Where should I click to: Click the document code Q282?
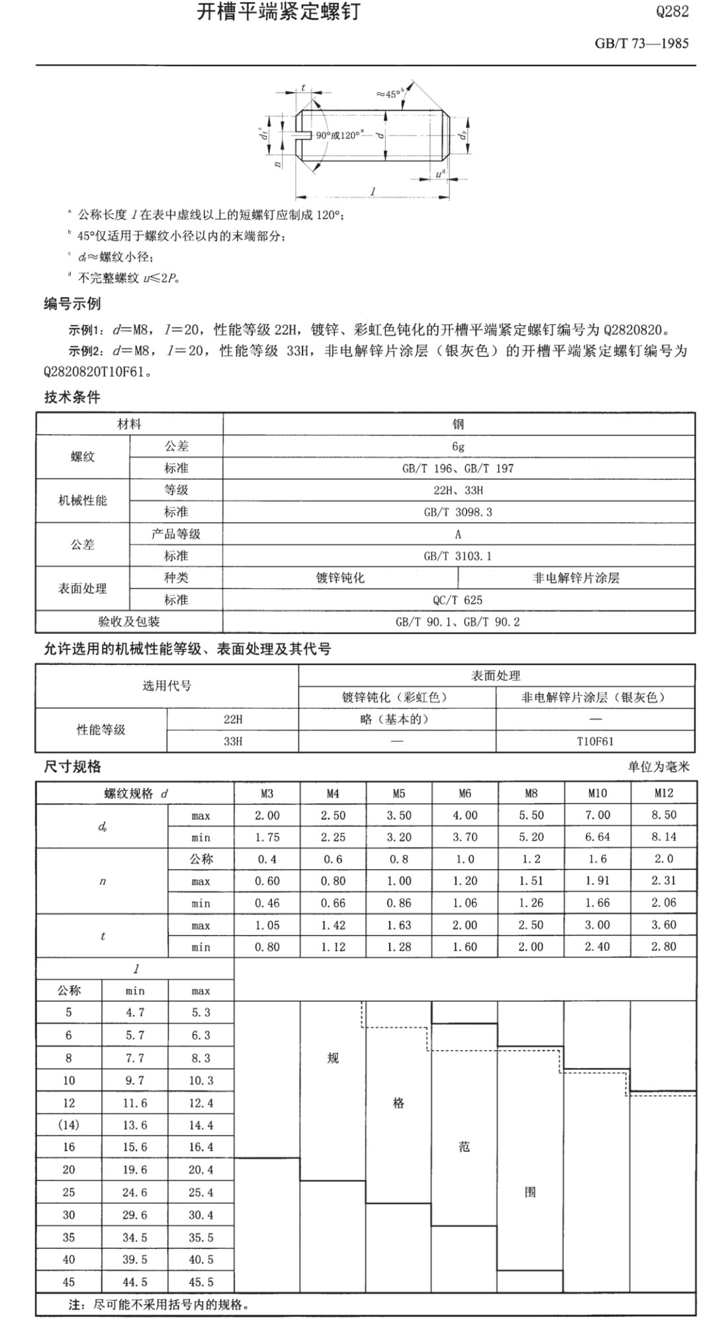coord(672,12)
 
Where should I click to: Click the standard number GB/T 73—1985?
coord(641,44)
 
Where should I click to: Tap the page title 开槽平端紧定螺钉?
coord(278,12)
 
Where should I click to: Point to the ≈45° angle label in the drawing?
coord(390,94)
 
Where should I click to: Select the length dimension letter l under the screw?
coord(373,191)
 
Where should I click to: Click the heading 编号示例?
coord(72,304)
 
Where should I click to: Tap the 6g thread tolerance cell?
coord(458,447)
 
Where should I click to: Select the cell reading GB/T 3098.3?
coord(458,512)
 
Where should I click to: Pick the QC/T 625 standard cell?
coord(458,600)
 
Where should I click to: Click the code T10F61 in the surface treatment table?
coord(595,741)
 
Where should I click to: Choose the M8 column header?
coord(531,793)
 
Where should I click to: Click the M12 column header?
coord(663,793)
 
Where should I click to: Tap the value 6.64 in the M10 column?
coord(597,837)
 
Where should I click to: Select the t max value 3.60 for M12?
coord(663,925)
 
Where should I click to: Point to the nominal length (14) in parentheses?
coord(69,1125)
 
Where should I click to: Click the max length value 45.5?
coord(201,1282)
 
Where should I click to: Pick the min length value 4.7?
coord(134,1012)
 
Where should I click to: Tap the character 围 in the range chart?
coord(530,1192)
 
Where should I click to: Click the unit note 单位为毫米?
coord(659,767)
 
